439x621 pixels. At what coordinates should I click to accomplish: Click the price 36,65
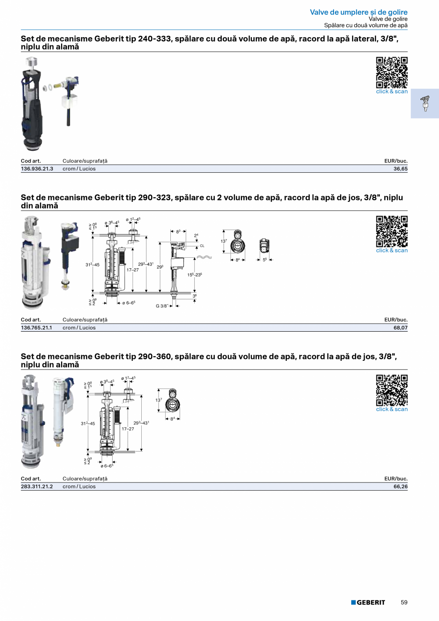click(x=400, y=168)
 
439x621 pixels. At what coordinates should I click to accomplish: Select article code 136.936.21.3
click(x=37, y=168)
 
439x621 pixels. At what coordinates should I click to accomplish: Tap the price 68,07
click(x=400, y=327)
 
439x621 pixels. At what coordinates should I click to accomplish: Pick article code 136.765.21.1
click(x=36, y=327)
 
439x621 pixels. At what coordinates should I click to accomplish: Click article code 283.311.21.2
click(x=37, y=486)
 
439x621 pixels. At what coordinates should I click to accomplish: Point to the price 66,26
click(x=400, y=486)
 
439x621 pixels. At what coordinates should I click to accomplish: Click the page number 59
click(x=404, y=602)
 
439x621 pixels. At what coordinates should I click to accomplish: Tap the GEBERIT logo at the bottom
click(x=368, y=602)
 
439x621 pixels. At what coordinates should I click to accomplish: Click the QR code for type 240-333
click(x=392, y=73)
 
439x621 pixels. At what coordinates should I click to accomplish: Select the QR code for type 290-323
click(x=392, y=232)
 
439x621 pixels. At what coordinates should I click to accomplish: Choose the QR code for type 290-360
click(x=392, y=390)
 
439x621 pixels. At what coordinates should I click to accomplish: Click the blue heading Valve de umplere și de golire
click(x=359, y=12)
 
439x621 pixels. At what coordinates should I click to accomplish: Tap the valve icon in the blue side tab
click(x=425, y=104)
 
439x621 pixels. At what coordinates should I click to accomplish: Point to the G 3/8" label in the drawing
click(x=162, y=306)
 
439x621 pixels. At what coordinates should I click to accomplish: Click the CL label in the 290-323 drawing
click(x=202, y=246)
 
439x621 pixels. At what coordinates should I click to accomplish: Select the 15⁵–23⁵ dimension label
click(x=195, y=275)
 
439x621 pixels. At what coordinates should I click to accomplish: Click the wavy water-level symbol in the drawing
click(x=204, y=257)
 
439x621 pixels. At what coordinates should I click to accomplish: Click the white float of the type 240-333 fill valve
click(x=68, y=102)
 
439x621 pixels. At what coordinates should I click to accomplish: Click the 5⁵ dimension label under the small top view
click(x=265, y=260)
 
